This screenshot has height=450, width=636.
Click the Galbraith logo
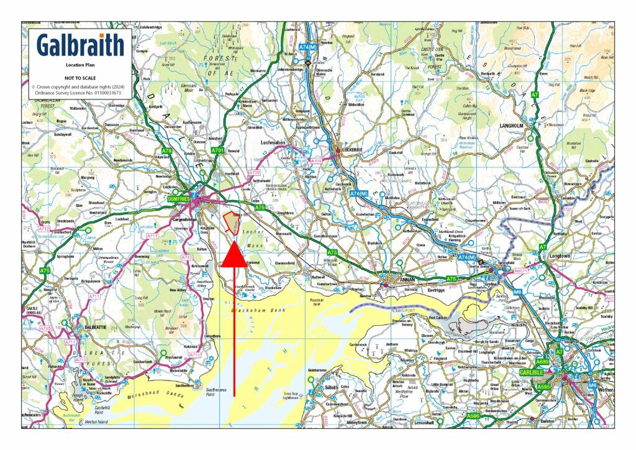pos(80,45)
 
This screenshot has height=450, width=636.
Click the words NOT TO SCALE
pos(79,78)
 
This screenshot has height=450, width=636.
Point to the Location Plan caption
pos(80,65)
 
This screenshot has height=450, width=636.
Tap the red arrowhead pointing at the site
pos(234,257)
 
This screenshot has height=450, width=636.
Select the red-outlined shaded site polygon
pos(232,222)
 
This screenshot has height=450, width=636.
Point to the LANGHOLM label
pos(512,125)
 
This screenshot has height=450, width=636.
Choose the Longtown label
pos(560,255)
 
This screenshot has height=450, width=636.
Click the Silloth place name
pos(332,387)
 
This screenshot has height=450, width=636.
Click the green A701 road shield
pos(217,150)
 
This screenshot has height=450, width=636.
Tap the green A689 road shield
pos(542,362)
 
